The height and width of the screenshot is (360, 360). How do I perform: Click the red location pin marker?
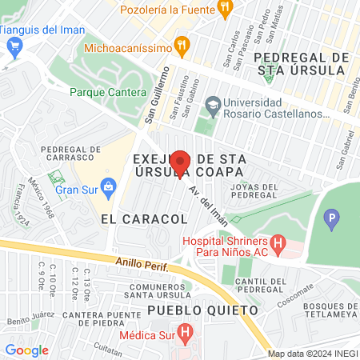pyautogui.click(x=181, y=163)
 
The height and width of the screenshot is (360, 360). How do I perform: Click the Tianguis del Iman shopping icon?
pyautogui.click(x=12, y=47)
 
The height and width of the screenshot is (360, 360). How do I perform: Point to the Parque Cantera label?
pyautogui.click(x=101, y=91)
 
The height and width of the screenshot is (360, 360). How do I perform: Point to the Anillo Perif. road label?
pyautogui.click(x=140, y=262)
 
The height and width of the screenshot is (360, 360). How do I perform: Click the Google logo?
pyautogui.click(x=26, y=350)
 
